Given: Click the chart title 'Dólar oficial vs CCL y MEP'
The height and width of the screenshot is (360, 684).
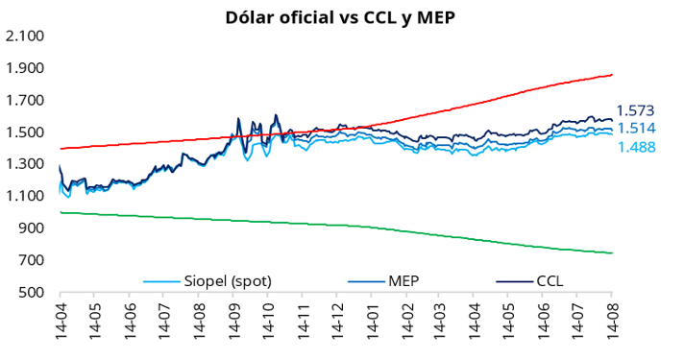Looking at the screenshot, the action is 340,18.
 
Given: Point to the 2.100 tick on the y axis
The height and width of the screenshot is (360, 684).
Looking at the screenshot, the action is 25,36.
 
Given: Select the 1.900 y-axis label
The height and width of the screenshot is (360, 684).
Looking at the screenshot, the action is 25,68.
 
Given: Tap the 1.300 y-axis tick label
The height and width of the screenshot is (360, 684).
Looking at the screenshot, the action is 25,164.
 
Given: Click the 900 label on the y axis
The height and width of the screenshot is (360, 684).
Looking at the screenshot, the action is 32,228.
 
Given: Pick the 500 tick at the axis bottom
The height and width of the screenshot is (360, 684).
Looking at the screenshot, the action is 32,293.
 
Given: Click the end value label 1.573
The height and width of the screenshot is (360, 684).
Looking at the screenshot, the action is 636,110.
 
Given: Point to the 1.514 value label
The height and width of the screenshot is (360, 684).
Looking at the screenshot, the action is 636,128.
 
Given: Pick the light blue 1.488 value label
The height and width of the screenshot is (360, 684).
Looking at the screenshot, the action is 637,147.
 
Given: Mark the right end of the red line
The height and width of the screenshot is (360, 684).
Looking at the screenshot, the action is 613,75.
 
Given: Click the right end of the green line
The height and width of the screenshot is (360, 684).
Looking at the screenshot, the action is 613,252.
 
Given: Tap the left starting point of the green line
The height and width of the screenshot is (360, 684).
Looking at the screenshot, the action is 61,212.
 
